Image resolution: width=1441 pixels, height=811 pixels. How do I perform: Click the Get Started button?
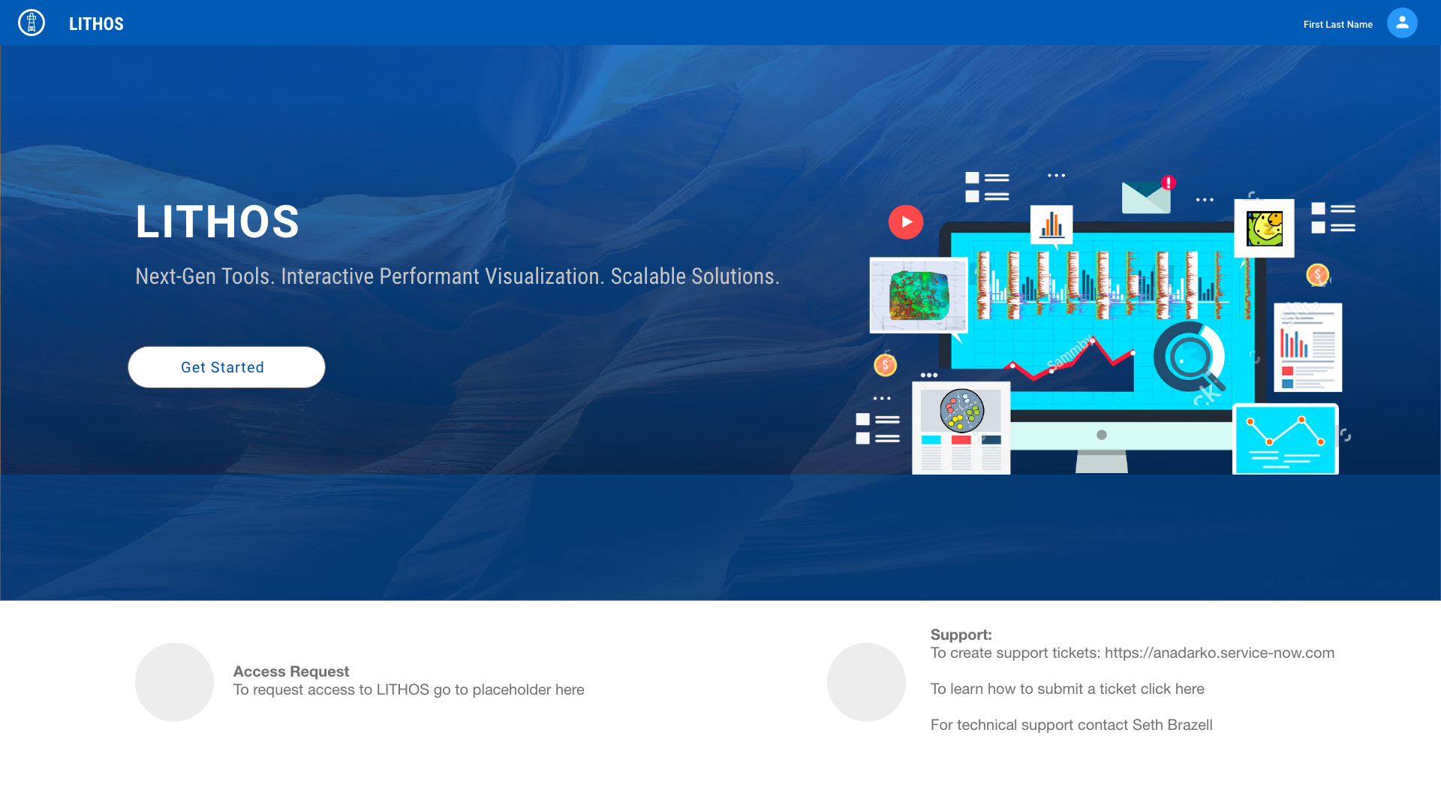[x=226, y=367]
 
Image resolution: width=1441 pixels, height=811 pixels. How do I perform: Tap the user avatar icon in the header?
[x=1402, y=23]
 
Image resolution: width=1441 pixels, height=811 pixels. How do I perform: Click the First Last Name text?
[x=1337, y=25]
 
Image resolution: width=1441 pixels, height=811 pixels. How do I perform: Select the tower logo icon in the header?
[x=32, y=23]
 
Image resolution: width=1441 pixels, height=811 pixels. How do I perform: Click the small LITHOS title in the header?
[x=96, y=24]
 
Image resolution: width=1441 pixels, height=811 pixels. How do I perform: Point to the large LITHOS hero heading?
[x=218, y=222]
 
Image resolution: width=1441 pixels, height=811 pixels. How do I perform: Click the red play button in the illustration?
[x=906, y=222]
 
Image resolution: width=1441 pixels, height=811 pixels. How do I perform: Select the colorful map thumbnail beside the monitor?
[x=919, y=295]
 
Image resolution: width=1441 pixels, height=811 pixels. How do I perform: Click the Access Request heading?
[x=291, y=671]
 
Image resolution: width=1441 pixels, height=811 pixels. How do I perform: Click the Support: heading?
[x=961, y=635]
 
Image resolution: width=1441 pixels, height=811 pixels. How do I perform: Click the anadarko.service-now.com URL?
[x=1220, y=653]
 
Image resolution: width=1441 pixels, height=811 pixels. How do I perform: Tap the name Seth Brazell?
[x=1172, y=725]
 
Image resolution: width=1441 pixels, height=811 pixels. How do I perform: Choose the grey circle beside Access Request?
[x=174, y=682]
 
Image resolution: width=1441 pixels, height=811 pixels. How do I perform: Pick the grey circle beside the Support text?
[x=866, y=682]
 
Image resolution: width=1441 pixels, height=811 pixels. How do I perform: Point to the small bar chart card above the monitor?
[x=1051, y=225]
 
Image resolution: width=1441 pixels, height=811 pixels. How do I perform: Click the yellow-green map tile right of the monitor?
[x=1265, y=228]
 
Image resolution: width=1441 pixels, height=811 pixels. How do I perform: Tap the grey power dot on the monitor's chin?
[x=1102, y=435]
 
